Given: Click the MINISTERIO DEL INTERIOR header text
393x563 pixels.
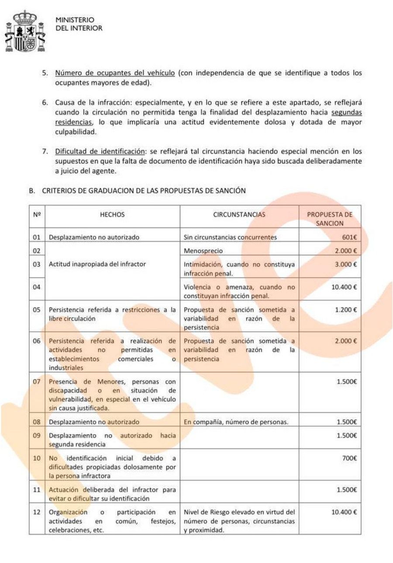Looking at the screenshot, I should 79,24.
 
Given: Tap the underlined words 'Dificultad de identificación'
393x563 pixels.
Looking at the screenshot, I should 100,151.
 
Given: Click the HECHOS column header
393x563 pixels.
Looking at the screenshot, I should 112,215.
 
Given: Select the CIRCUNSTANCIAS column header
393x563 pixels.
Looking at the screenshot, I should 239,215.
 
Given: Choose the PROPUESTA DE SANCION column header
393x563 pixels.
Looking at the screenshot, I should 330,219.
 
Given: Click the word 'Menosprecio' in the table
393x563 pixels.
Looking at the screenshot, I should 203,251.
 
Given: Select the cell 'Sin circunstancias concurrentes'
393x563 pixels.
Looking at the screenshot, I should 231,237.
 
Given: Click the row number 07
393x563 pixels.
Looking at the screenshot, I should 37,381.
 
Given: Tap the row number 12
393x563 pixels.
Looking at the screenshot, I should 37,512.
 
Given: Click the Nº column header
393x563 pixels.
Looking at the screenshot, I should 37,215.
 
